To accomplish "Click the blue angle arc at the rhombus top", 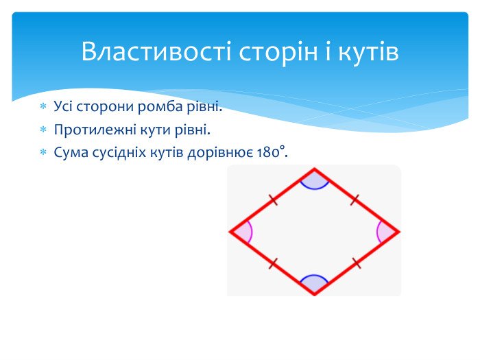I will (x=314, y=182).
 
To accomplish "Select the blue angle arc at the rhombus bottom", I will (x=314, y=282).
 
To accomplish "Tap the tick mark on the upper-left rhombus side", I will (x=272, y=200).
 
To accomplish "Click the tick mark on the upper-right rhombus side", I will (x=355, y=200).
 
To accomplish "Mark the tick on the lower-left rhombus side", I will (x=272, y=263).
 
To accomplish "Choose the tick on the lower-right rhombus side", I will (x=355, y=263).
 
